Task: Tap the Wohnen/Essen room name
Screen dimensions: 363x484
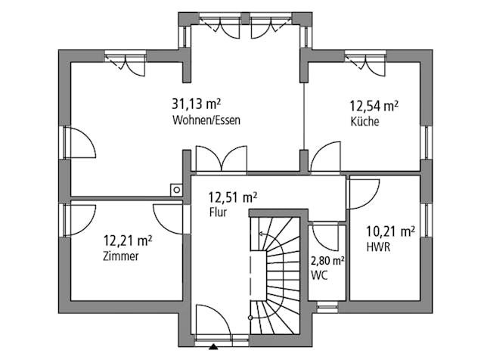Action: [x=206, y=121]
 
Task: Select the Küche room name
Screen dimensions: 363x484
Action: [x=365, y=121]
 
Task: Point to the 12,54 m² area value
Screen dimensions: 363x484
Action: [x=374, y=106]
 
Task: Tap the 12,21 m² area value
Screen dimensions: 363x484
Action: [x=127, y=241]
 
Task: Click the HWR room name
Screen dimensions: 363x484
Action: [x=377, y=247]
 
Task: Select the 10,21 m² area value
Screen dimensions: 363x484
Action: [x=390, y=231]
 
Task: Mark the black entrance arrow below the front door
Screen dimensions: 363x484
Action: [x=214, y=348]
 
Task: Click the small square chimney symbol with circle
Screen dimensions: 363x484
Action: [x=175, y=191]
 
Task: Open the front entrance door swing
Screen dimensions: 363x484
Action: [x=212, y=321]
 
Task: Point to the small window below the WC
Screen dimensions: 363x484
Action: [x=327, y=307]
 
